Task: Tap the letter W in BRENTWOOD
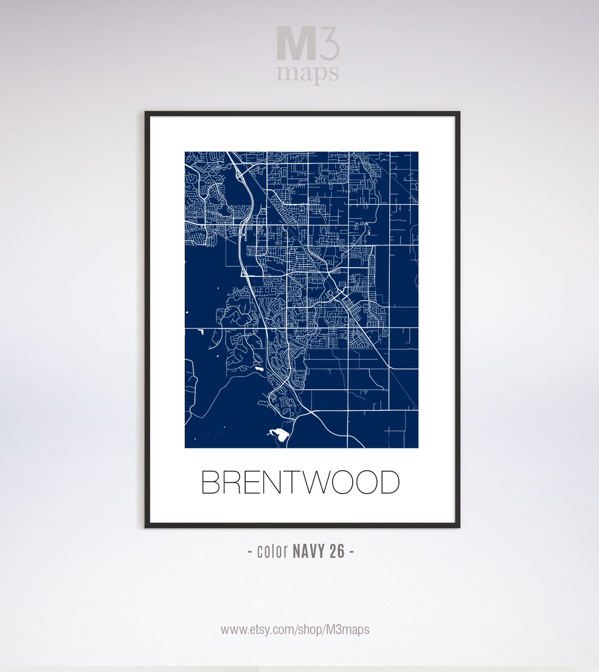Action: pyautogui.click(x=312, y=482)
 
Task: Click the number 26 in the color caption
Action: pyautogui.click(x=337, y=551)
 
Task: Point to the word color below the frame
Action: pyautogui.click(x=272, y=551)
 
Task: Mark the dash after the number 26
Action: pyautogui.click(x=352, y=552)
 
